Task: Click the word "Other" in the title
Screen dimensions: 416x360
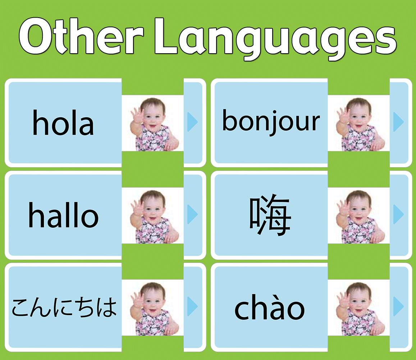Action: [x=81, y=36]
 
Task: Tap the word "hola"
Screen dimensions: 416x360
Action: [x=63, y=123]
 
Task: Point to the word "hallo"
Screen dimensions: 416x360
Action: [x=63, y=215]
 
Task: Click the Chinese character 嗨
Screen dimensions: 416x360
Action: [x=270, y=215]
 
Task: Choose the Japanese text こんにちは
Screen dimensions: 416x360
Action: [x=64, y=307]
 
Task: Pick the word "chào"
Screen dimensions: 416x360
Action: [x=270, y=307]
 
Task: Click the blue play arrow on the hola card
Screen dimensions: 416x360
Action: [x=192, y=122]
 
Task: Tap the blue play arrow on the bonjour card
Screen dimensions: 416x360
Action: [x=398, y=122]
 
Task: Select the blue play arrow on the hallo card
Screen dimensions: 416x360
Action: [x=192, y=214]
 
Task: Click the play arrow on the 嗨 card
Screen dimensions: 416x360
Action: [x=398, y=214]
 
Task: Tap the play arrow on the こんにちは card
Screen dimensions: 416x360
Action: [x=192, y=306]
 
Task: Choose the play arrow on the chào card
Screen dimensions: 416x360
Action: [x=398, y=306]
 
